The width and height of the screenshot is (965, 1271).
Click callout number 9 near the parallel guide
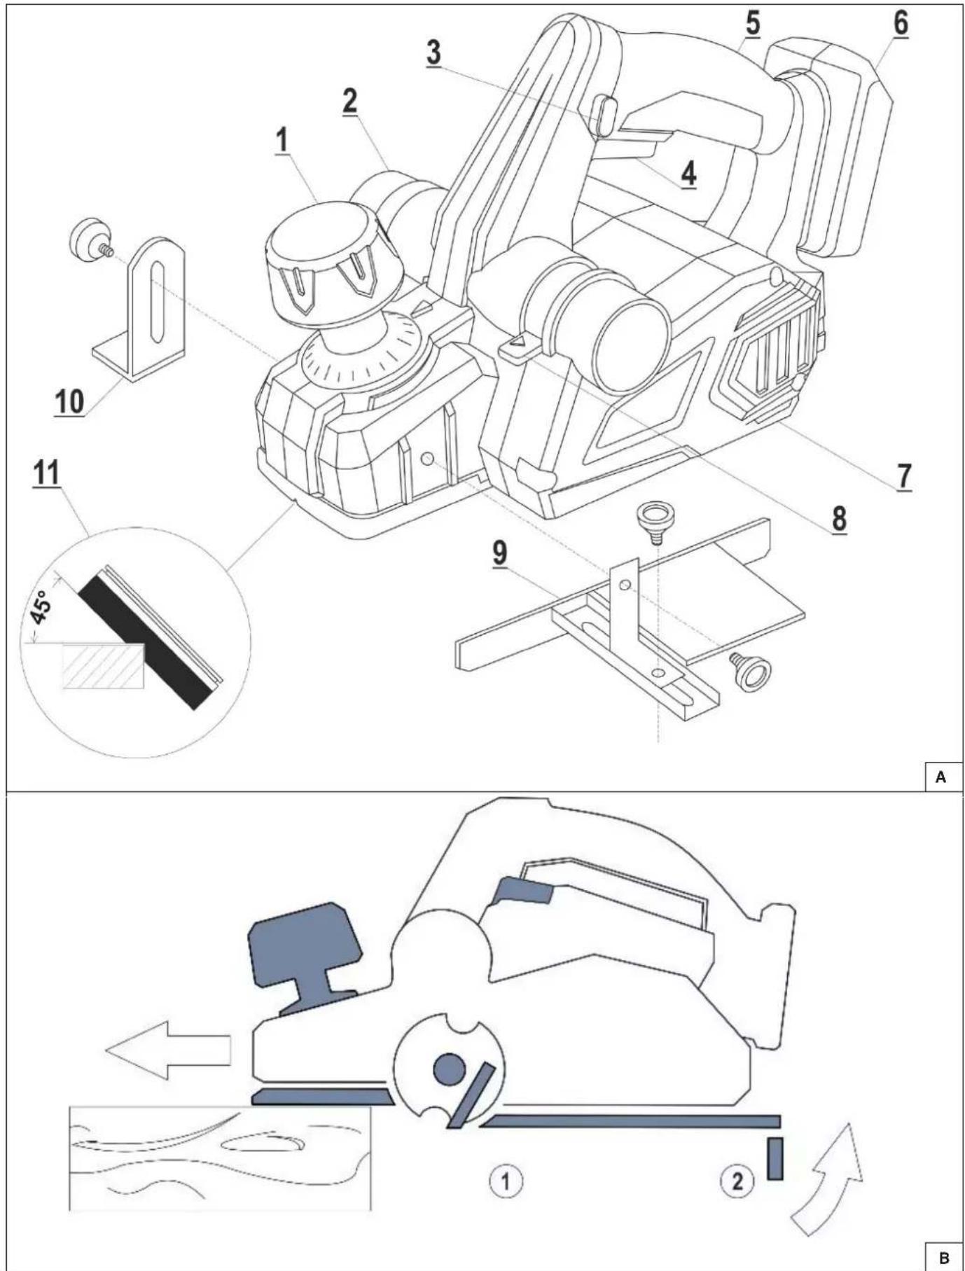click(x=499, y=553)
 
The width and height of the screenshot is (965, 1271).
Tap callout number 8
click(x=838, y=519)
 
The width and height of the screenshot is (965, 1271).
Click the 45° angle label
click(x=41, y=606)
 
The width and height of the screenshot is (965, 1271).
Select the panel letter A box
click(x=940, y=777)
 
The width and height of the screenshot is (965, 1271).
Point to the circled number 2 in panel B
click(x=737, y=1181)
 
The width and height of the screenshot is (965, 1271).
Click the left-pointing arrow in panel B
click(x=168, y=1050)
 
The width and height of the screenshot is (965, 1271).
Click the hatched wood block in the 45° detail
click(x=104, y=665)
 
